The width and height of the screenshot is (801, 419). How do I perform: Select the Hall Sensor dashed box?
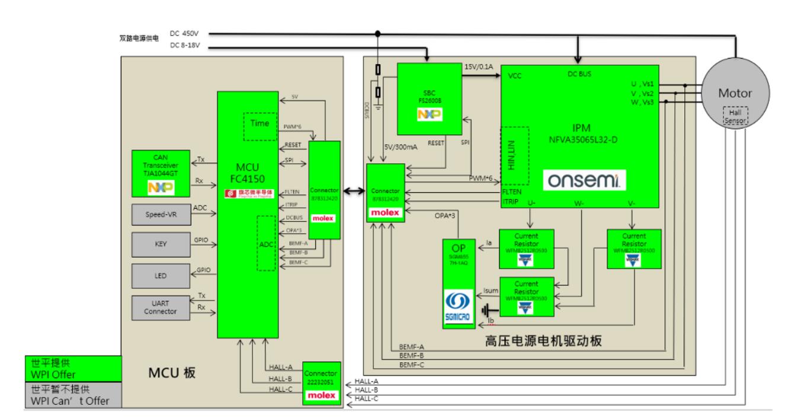tap(735, 116)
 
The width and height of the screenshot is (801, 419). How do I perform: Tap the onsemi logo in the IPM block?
tap(584, 179)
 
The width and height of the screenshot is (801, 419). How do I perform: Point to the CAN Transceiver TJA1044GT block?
tap(162, 173)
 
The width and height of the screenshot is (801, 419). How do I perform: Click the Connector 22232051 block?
tap(323, 382)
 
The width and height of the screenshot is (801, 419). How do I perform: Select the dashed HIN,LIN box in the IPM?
tap(514, 157)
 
